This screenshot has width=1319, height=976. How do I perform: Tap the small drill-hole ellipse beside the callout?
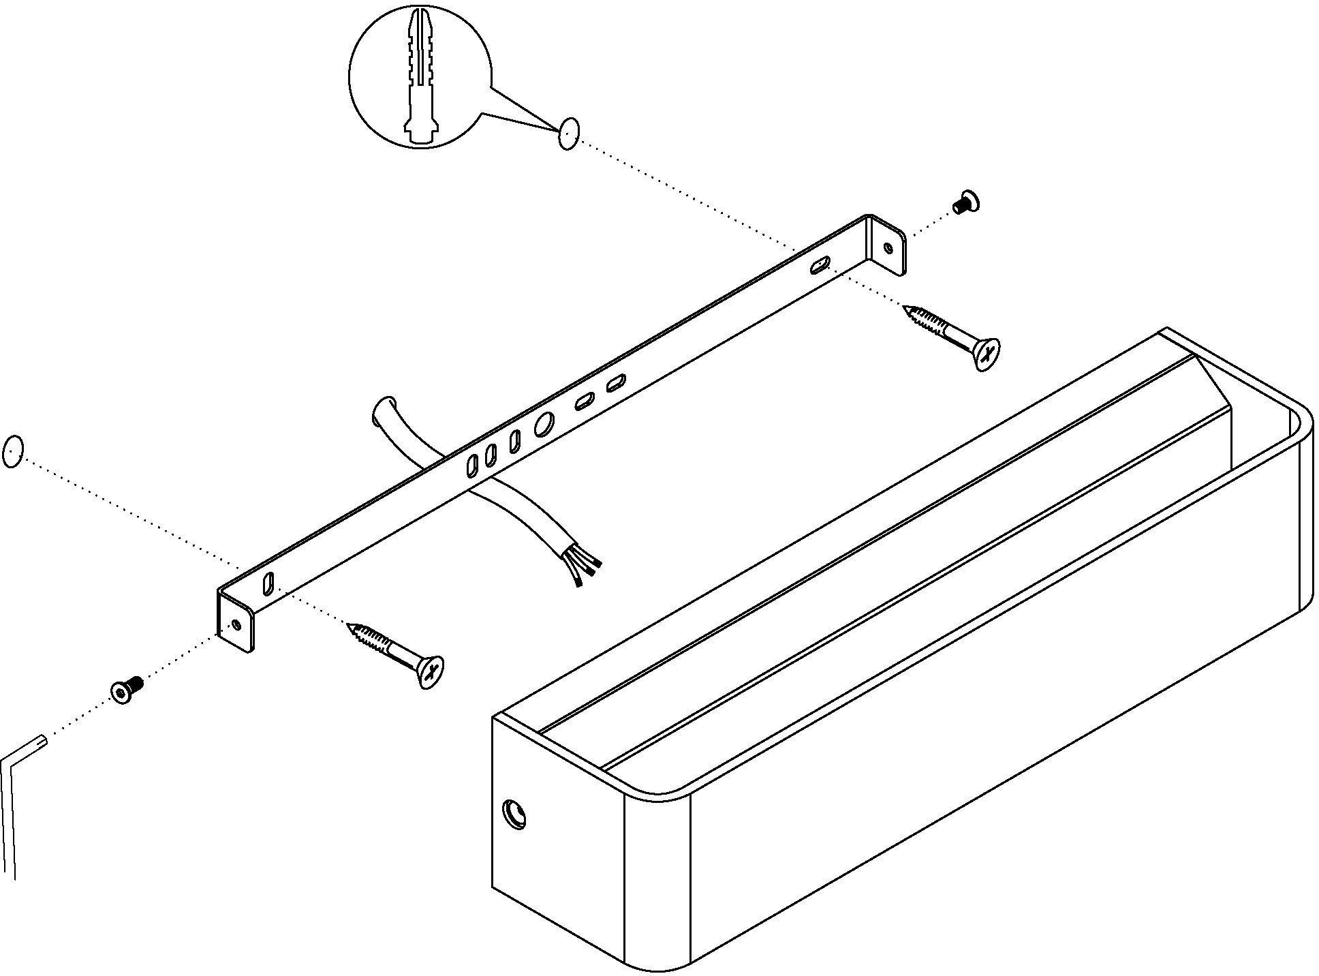[568, 133]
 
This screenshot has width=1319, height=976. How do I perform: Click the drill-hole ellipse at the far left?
[13, 451]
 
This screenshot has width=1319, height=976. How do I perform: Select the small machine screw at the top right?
[965, 202]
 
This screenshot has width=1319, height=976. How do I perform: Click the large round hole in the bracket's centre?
[544, 425]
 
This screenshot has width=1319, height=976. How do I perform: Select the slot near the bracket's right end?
[820, 264]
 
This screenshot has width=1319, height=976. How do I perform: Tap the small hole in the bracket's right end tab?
[888, 249]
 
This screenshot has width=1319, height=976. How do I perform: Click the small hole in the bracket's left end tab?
[236, 624]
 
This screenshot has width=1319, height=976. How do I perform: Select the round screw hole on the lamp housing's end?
[514, 814]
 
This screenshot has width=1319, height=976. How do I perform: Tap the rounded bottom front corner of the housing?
[657, 961]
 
